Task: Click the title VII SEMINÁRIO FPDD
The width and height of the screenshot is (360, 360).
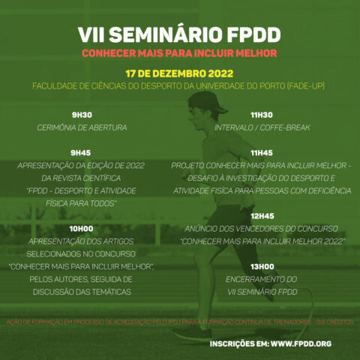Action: [x=179, y=35]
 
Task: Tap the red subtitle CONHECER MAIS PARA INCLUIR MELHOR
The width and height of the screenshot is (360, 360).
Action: [x=179, y=54]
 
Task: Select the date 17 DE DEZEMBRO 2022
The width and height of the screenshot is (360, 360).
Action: [x=179, y=75]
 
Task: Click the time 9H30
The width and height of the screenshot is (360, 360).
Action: [x=82, y=115]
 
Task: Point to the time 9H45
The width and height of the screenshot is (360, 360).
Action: [x=82, y=152]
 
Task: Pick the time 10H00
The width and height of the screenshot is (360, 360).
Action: [x=82, y=228]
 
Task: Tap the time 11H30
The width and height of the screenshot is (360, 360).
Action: [x=262, y=115]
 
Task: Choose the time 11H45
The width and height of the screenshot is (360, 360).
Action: [x=262, y=152]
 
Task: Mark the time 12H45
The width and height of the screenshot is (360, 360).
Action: [x=262, y=215]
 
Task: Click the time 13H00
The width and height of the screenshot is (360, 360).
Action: [x=262, y=266]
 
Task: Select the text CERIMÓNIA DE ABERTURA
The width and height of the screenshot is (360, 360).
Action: [x=82, y=128]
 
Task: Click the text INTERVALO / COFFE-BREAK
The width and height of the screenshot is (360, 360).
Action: [x=262, y=128]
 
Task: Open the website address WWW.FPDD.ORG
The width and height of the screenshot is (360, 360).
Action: [x=301, y=343]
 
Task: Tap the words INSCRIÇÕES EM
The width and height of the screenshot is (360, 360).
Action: [x=238, y=343]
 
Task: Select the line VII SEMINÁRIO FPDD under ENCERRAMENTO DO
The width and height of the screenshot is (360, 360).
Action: [x=262, y=292]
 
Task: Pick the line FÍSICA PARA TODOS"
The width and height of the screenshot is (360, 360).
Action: [x=82, y=203]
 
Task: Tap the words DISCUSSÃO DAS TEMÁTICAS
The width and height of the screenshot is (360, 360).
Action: [x=82, y=292]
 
